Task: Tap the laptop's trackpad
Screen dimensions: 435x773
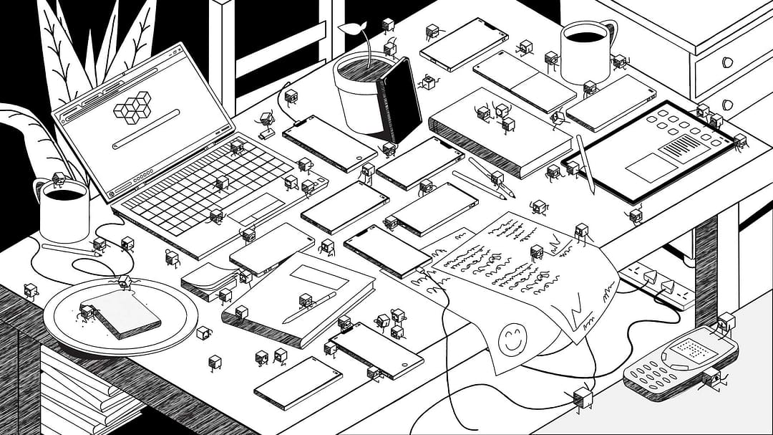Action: tap(254, 208)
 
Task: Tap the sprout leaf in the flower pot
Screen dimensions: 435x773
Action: tap(351, 29)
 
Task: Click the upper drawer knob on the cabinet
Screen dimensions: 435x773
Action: tap(729, 62)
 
